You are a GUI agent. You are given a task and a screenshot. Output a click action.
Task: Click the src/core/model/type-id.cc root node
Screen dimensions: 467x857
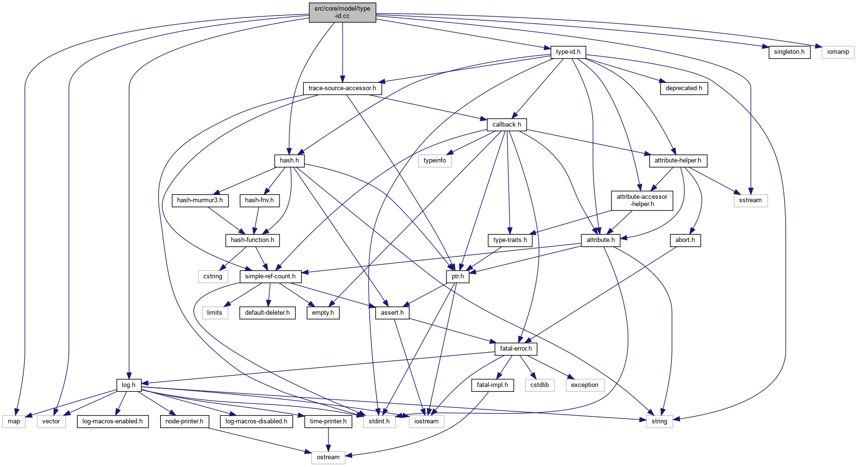coord(342,12)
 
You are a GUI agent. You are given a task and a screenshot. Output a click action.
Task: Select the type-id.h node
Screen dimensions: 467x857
coord(568,52)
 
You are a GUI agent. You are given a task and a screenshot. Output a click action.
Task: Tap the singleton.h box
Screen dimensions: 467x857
coord(789,52)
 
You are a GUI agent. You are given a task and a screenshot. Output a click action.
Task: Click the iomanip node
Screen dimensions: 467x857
coord(838,52)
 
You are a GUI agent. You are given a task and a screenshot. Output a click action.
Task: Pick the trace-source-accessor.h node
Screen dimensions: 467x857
coord(342,88)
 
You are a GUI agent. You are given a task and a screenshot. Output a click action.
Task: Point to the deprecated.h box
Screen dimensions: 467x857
coord(684,88)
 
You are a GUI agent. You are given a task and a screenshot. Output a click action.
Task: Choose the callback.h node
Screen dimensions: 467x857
coord(507,125)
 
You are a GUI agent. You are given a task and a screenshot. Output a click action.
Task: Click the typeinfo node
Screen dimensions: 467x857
coord(435,161)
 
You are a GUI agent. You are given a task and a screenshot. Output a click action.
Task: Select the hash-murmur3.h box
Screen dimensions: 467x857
coord(200,200)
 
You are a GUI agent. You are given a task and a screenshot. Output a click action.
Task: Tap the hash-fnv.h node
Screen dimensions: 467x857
coord(259,200)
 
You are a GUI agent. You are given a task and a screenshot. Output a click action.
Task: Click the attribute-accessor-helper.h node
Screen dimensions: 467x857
coord(642,200)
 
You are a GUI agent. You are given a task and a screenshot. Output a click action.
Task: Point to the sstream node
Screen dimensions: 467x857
coord(750,200)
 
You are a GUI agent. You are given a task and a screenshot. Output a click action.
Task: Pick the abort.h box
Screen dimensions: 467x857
coord(685,240)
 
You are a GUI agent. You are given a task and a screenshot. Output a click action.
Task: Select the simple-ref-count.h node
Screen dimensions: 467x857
coord(270,276)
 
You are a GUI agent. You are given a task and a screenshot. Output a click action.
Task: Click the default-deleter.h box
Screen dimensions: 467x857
coord(267,313)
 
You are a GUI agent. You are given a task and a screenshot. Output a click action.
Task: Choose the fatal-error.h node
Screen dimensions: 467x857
coord(516,349)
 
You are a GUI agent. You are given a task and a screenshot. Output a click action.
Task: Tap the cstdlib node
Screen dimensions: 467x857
coord(540,385)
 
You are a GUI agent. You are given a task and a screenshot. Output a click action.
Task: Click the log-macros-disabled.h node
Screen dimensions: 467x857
coord(256,421)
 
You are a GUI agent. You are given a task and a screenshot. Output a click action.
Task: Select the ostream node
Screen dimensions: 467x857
coord(328,457)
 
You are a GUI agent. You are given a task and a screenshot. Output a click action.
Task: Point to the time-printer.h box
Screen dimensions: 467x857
coord(328,421)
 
